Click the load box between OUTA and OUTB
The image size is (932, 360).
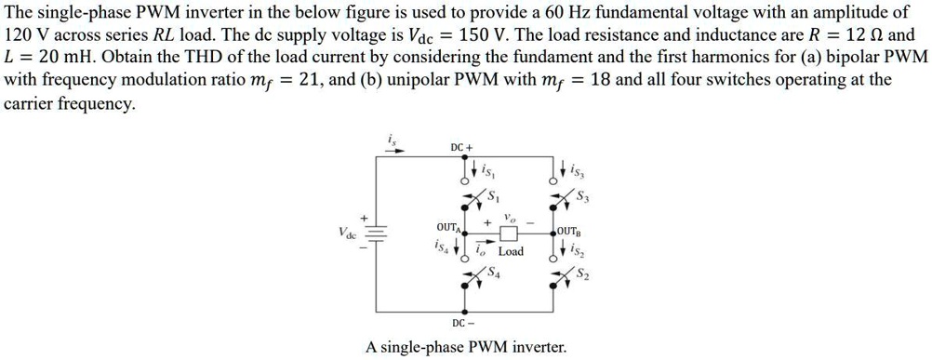[509, 233]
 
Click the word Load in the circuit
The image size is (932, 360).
[511, 252]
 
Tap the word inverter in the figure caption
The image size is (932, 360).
[534, 348]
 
